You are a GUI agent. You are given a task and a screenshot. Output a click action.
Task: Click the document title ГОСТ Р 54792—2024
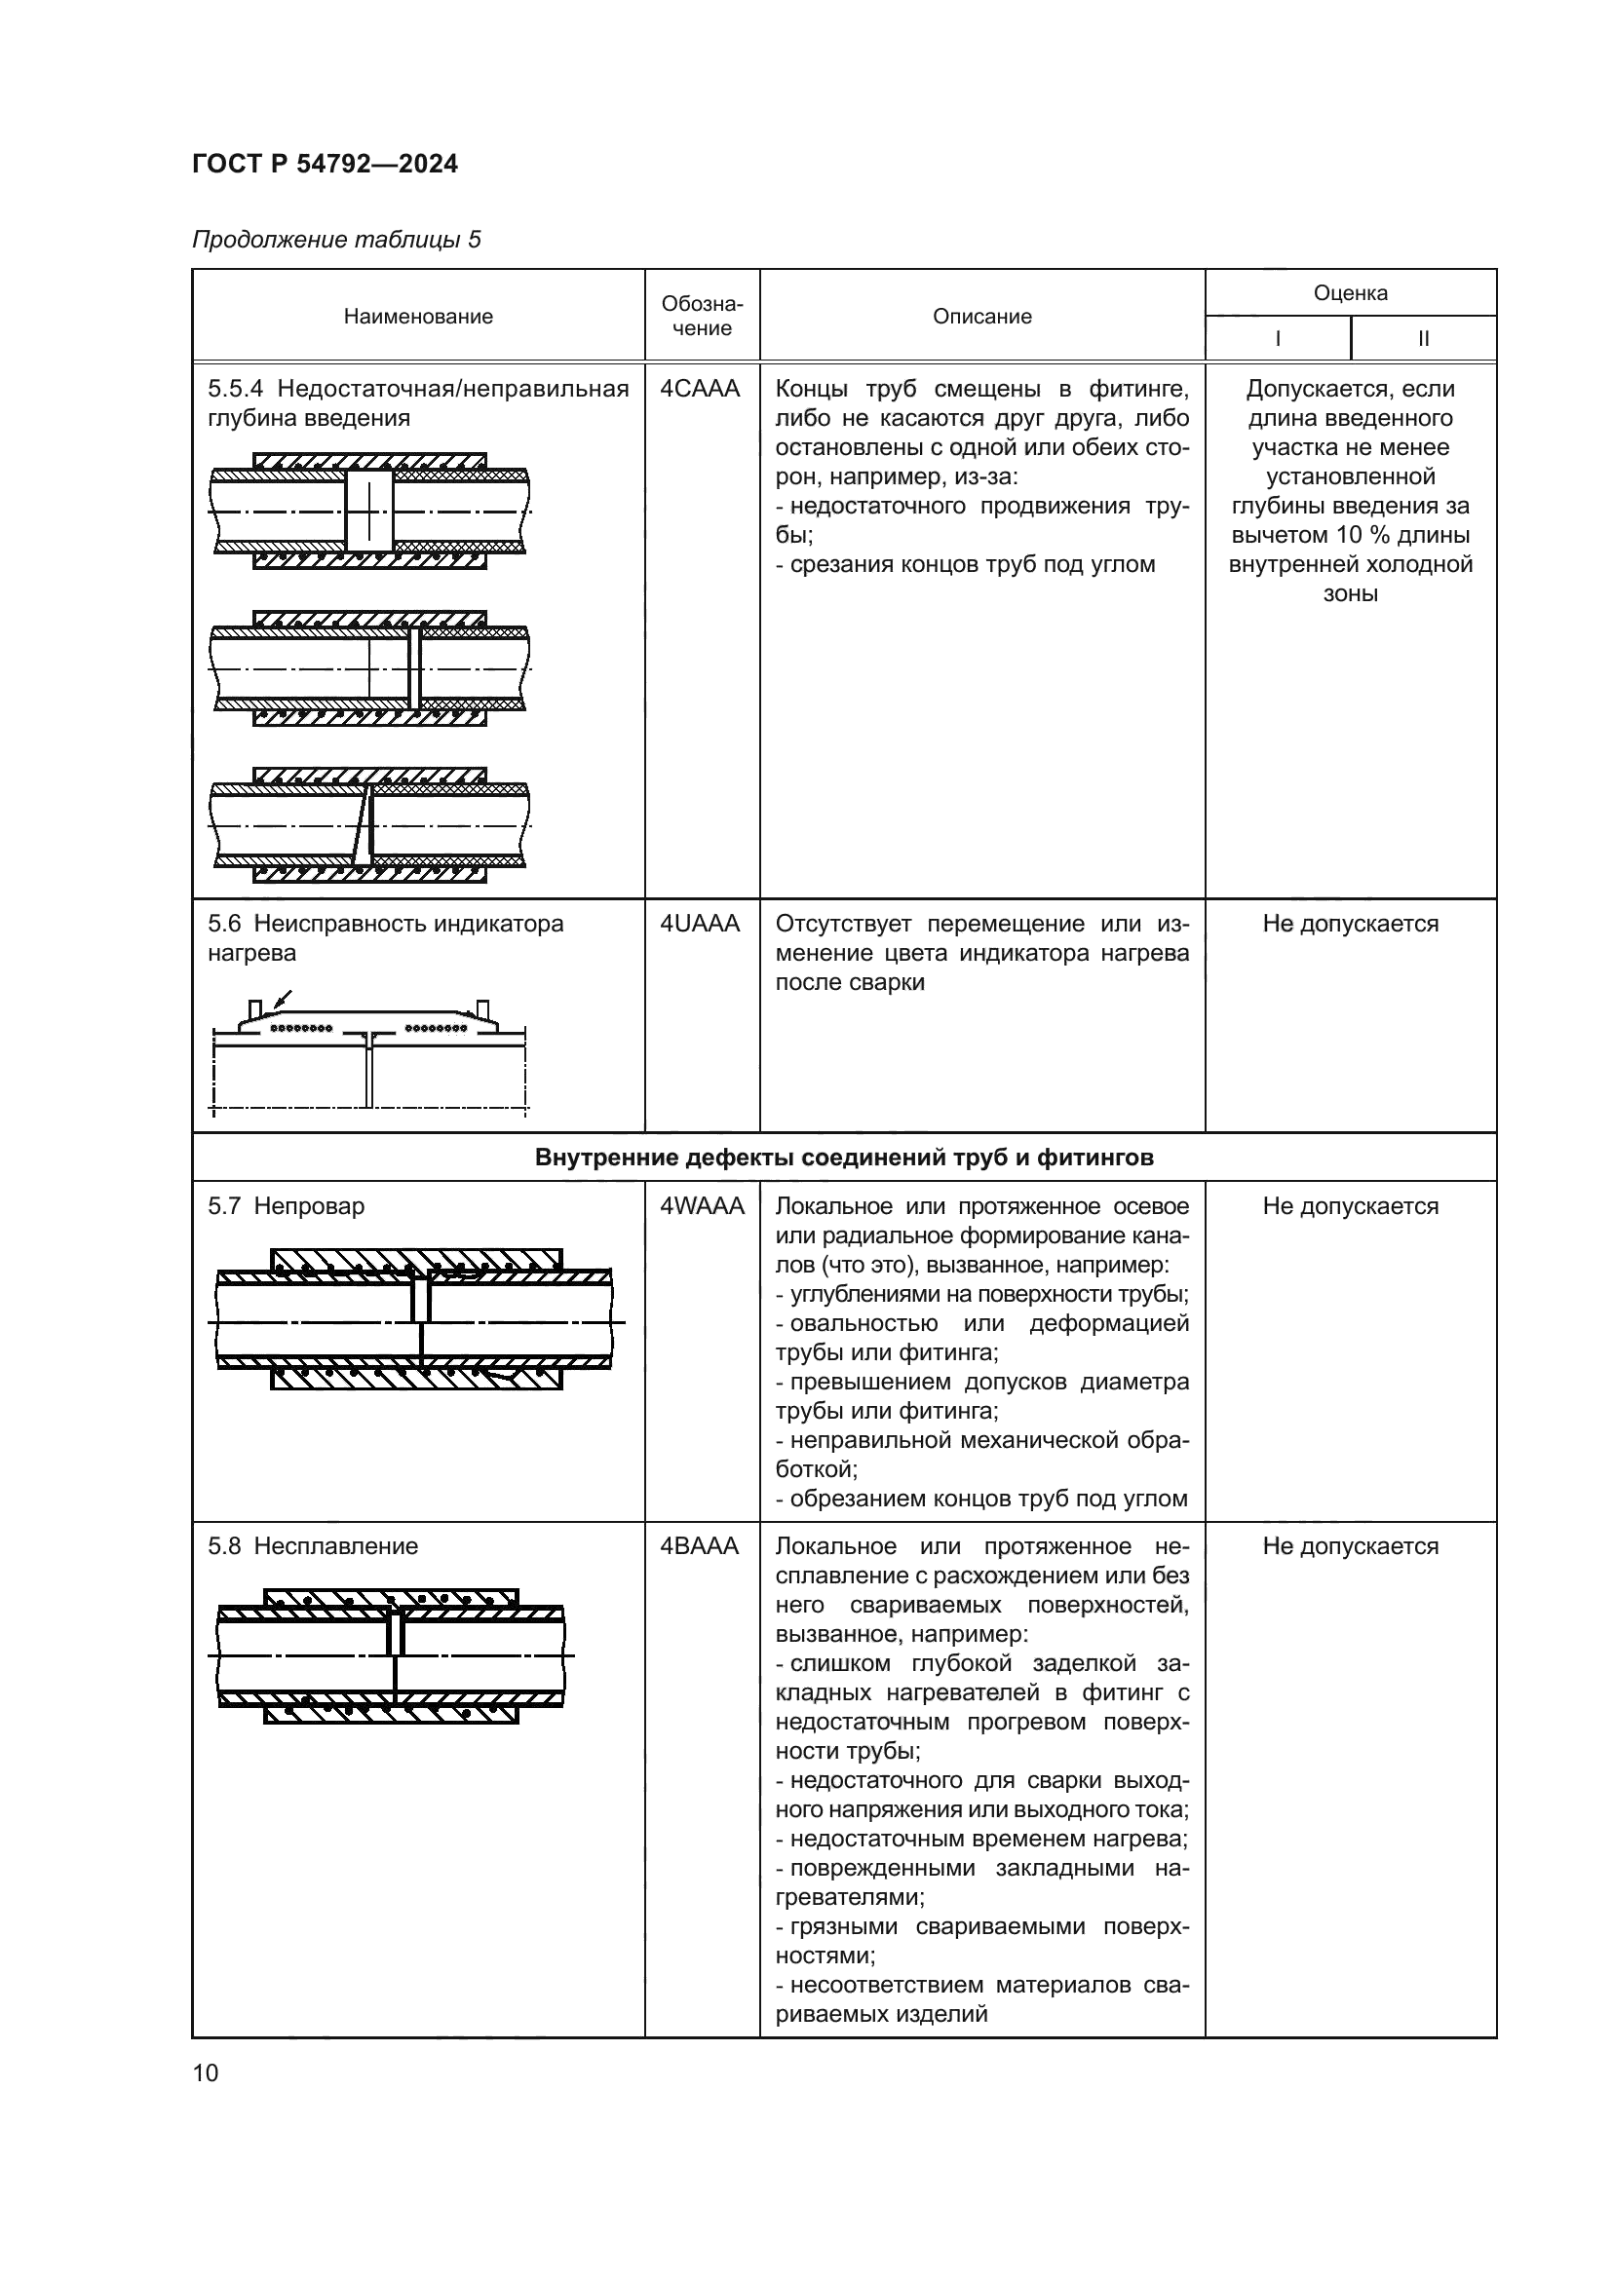(x=325, y=164)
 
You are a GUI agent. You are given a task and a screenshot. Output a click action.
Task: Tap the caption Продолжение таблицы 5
(x=335, y=240)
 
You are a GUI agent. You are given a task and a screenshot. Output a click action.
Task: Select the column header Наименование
(x=418, y=317)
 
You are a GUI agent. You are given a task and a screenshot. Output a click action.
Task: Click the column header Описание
(x=981, y=317)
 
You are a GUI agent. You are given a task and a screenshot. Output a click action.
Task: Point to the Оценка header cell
(x=1350, y=293)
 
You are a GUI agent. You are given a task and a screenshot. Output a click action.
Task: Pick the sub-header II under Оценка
(x=1422, y=338)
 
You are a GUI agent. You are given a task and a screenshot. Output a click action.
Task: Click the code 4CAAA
(x=700, y=389)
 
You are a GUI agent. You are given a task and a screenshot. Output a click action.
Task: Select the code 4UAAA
(x=700, y=924)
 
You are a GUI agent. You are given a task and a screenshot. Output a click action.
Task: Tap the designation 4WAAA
(x=702, y=1206)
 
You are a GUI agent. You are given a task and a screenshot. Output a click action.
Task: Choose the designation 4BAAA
(x=700, y=1545)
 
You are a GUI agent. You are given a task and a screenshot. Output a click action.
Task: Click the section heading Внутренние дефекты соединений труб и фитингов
(x=844, y=1158)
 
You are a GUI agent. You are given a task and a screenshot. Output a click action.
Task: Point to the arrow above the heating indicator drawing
(x=283, y=999)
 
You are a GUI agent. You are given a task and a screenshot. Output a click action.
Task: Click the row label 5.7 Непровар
(x=286, y=1206)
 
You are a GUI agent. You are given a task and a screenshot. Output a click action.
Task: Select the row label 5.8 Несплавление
(x=313, y=1545)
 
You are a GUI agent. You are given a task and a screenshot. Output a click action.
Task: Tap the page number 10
(x=206, y=2072)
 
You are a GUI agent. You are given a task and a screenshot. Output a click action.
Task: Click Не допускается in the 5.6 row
(x=1350, y=924)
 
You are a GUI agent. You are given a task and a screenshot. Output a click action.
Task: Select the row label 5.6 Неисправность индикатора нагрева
(x=385, y=938)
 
